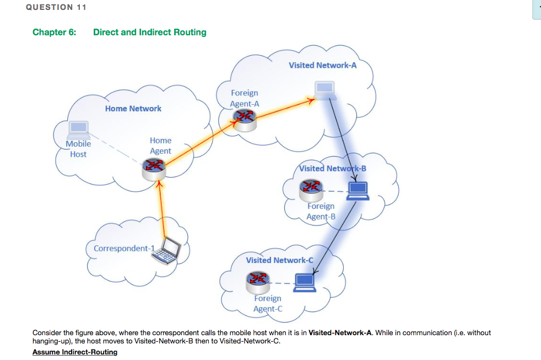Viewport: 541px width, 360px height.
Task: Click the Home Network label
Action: click(133, 109)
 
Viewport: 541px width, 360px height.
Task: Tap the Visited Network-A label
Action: click(322, 65)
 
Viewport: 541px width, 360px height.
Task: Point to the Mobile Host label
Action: click(78, 149)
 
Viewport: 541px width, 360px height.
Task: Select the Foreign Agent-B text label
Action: click(321, 211)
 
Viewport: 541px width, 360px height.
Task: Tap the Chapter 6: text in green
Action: click(54, 32)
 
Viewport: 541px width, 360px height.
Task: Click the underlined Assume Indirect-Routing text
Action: click(75, 352)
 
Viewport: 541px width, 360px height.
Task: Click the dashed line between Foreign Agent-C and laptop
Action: click(281, 284)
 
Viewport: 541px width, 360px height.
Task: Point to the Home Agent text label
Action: click(160, 146)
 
